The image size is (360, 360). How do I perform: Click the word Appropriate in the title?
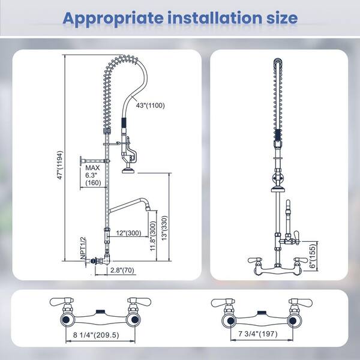(x=113, y=19)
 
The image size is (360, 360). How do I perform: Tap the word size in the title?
(x=282, y=18)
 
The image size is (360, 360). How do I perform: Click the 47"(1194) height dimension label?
(x=60, y=165)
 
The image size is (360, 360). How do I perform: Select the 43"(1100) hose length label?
(x=151, y=106)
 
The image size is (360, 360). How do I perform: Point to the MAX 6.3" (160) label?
(x=93, y=175)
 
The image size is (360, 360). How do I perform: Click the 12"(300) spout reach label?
(x=128, y=233)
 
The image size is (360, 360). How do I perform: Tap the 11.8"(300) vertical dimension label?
(x=153, y=236)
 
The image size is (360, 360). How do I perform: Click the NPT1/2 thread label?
(x=83, y=248)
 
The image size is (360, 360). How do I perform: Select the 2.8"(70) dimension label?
(x=122, y=270)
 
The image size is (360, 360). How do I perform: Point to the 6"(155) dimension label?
(x=313, y=256)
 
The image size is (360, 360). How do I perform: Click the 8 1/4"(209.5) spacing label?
(x=96, y=335)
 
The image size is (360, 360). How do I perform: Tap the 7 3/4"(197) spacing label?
(x=257, y=334)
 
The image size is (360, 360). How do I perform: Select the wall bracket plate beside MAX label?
(x=81, y=161)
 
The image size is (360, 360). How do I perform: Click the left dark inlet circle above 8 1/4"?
(x=67, y=320)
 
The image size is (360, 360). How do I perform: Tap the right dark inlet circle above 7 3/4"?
(x=292, y=320)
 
